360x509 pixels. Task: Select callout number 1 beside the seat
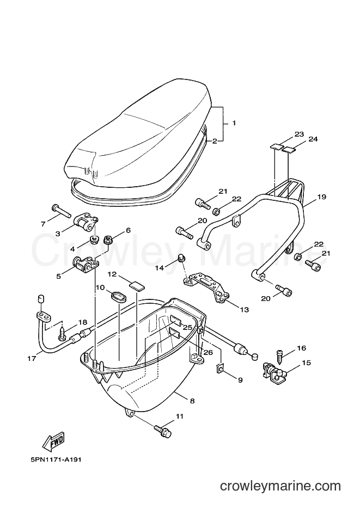234,123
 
